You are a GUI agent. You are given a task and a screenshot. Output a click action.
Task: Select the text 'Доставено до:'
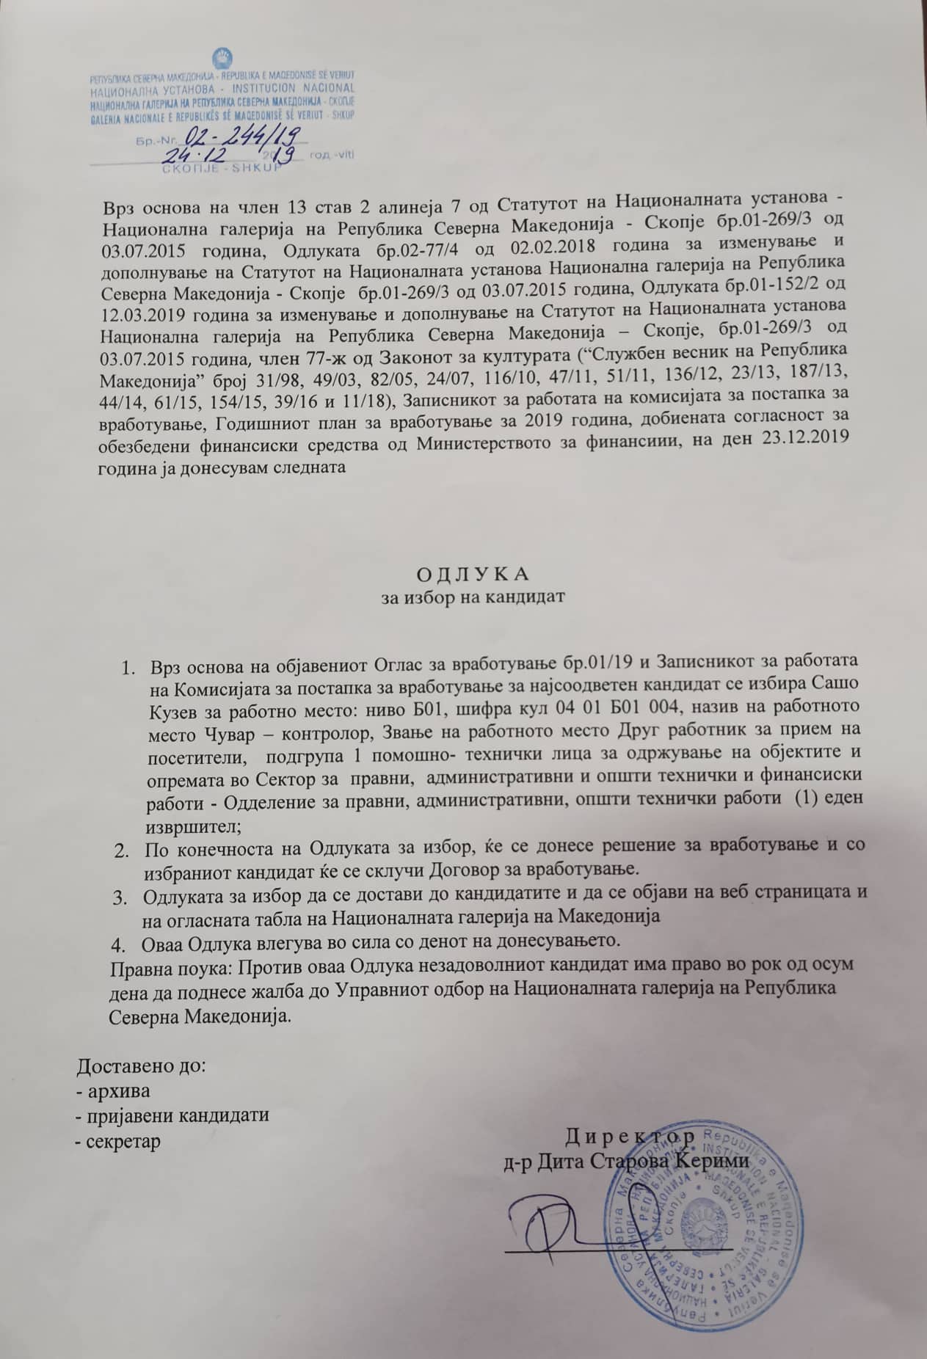point(142,1065)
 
